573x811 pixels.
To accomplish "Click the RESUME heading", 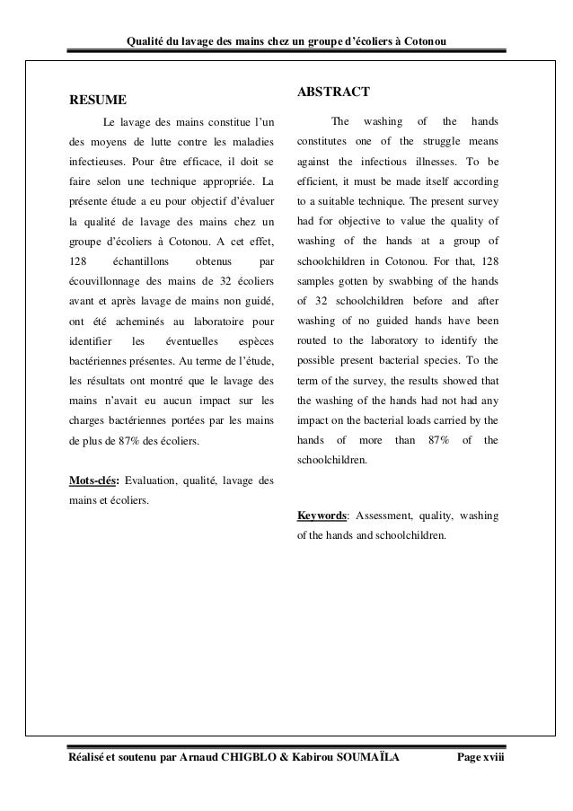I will (98, 99).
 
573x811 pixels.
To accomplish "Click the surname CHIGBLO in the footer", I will (253, 762).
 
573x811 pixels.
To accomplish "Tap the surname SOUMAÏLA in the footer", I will (351, 762).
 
